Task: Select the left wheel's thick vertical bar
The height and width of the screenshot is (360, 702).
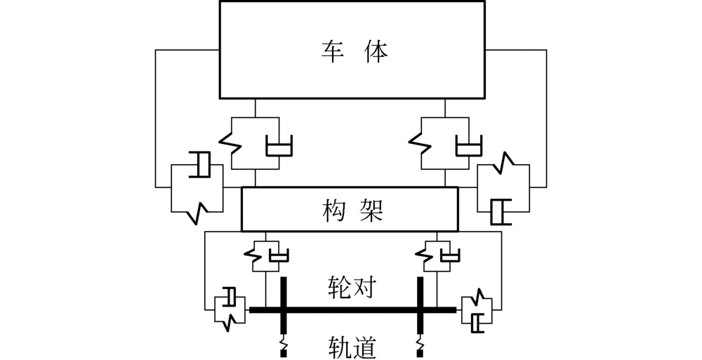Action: (284, 309)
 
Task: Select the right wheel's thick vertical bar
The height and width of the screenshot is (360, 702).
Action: (421, 309)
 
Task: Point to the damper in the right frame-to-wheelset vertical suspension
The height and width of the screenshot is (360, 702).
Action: (450, 254)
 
